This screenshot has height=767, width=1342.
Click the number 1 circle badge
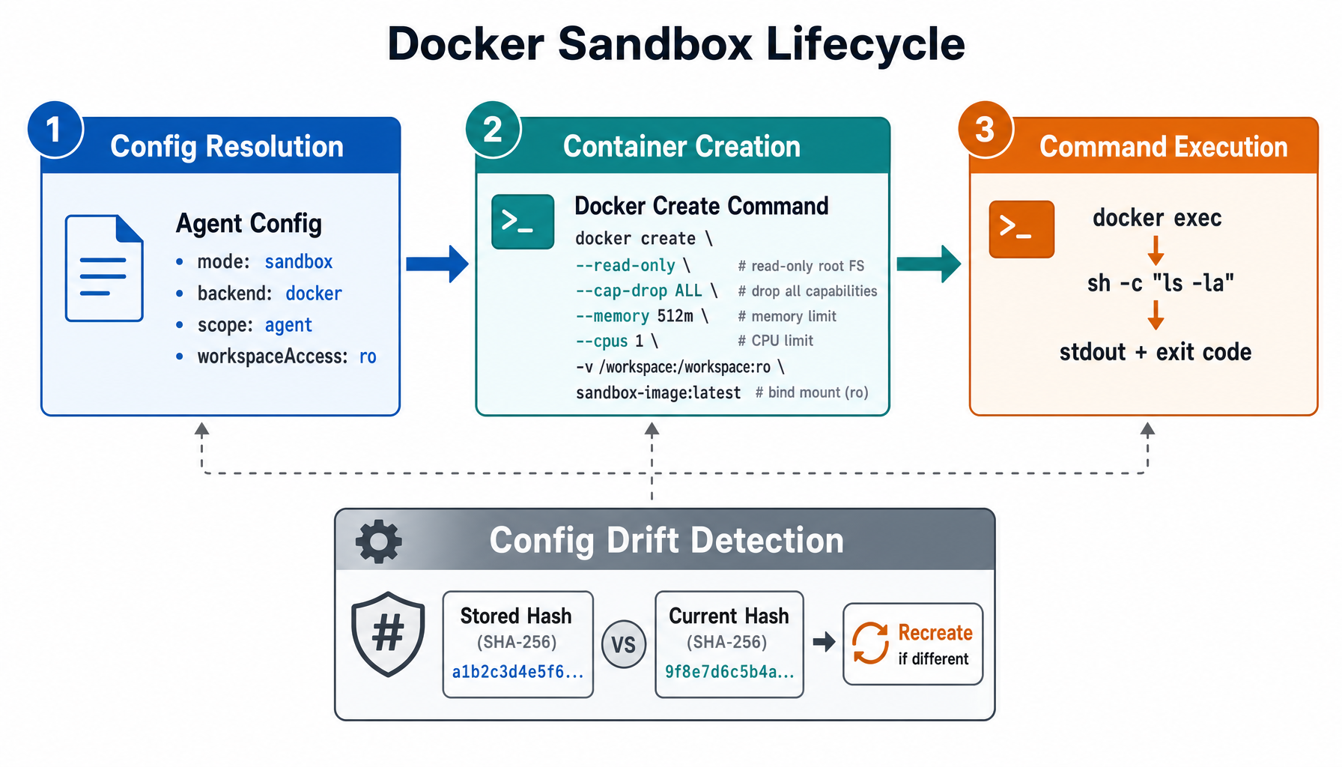(54, 130)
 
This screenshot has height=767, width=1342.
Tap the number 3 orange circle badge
(985, 130)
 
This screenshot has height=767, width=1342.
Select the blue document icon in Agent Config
(104, 268)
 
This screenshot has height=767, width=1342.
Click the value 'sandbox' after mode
(298, 261)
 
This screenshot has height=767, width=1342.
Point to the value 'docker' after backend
(313, 294)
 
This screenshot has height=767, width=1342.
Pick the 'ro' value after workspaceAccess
(367, 357)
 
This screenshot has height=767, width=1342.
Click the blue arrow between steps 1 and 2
(437, 264)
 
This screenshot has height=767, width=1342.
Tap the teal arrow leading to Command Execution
(928, 264)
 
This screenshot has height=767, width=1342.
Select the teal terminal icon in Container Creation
(522, 222)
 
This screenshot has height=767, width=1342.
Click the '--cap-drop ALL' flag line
(646, 291)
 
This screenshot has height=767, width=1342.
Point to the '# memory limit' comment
(786, 316)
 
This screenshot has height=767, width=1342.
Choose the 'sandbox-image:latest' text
(658, 392)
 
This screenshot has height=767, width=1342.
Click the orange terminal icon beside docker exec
(1021, 228)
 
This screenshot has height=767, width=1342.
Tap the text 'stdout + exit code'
(1155, 352)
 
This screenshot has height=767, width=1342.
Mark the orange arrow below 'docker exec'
(1156, 250)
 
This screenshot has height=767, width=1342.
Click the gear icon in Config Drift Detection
(378, 541)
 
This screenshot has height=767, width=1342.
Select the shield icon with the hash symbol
(388, 634)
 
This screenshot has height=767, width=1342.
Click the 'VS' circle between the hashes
(623, 644)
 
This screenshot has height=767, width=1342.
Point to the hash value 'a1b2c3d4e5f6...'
(517, 672)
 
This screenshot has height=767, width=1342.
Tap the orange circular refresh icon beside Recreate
(870, 643)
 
